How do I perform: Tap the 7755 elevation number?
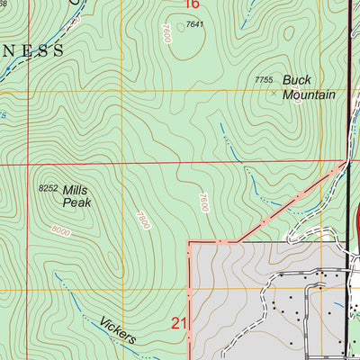click(264, 81)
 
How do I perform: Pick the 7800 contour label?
click(140, 218)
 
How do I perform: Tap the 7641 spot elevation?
click(196, 24)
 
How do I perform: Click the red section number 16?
click(190, 4)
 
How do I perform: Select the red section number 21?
click(179, 322)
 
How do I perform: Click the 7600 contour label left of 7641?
click(166, 33)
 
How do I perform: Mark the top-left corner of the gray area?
click(188, 242)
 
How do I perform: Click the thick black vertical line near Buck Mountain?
click(349, 90)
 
